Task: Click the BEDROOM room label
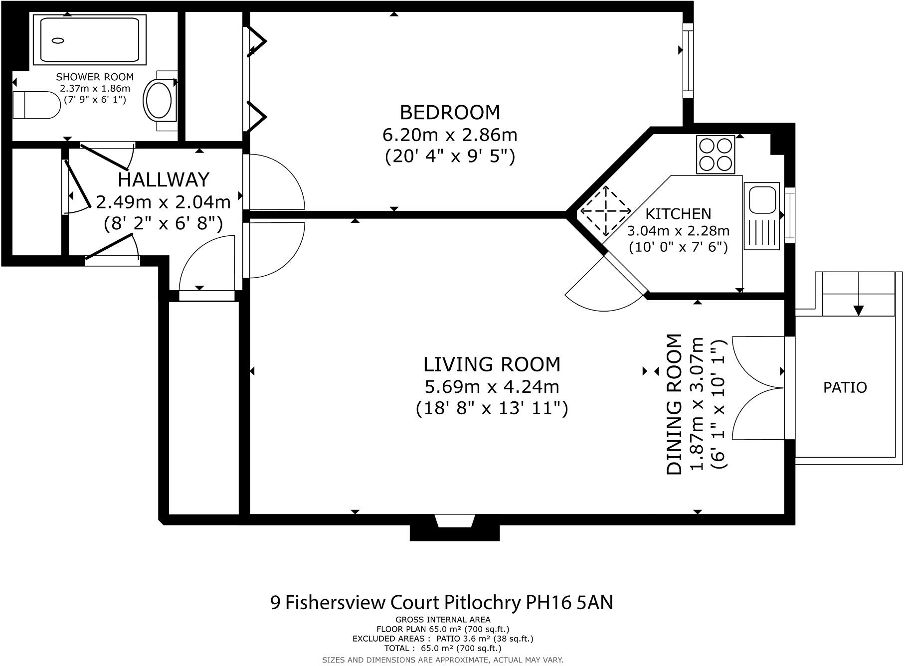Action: (x=450, y=113)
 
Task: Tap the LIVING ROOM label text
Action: (x=492, y=364)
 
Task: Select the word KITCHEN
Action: (x=678, y=214)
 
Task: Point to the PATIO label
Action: (x=845, y=387)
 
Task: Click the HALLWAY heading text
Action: (x=163, y=179)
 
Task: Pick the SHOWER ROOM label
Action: (x=95, y=77)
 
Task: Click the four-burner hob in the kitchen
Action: (x=716, y=155)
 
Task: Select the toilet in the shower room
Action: (x=36, y=105)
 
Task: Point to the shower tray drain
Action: (x=58, y=41)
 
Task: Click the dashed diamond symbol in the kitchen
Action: (x=605, y=211)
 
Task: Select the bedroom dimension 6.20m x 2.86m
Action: (x=450, y=135)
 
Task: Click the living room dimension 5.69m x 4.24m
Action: (x=492, y=387)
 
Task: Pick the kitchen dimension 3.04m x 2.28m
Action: (x=678, y=231)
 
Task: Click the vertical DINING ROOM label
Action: (x=674, y=404)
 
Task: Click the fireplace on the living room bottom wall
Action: (x=454, y=530)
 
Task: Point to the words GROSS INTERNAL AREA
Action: (x=443, y=620)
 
